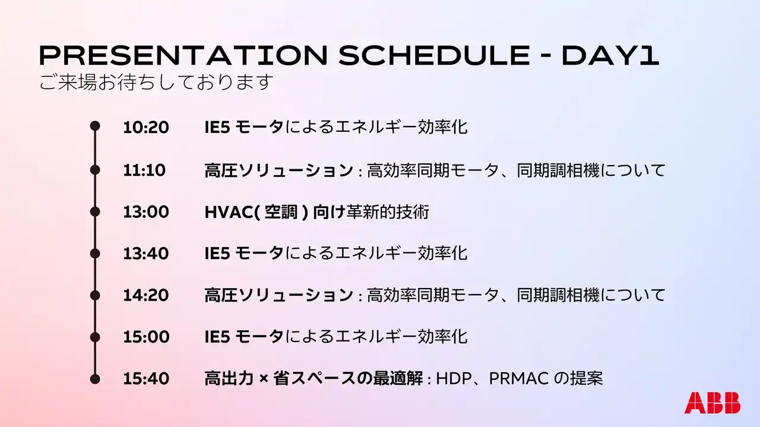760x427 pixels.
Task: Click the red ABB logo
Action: (x=712, y=403)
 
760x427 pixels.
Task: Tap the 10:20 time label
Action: (x=146, y=127)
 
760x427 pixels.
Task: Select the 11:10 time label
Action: (x=144, y=170)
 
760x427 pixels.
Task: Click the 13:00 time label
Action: (x=146, y=212)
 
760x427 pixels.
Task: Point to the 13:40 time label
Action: (x=146, y=254)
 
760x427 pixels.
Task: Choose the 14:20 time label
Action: (x=146, y=295)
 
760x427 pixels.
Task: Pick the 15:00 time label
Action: (x=146, y=337)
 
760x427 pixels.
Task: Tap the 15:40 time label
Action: (x=146, y=378)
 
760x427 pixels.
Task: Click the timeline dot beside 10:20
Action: (x=95, y=126)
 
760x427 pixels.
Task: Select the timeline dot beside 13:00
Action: (x=95, y=212)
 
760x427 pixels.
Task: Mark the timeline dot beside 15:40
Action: (x=95, y=379)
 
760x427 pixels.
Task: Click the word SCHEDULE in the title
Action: (x=434, y=55)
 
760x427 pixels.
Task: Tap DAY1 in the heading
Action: (x=610, y=55)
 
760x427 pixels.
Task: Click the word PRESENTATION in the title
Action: (x=183, y=55)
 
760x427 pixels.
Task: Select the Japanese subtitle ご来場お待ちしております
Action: (x=156, y=83)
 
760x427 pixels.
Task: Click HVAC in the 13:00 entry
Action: (x=229, y=212)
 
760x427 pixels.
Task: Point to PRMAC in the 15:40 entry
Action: (x=518, y=379)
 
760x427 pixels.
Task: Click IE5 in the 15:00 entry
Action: (x=217, y=337)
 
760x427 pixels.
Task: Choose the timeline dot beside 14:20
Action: (x=95, y=295)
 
